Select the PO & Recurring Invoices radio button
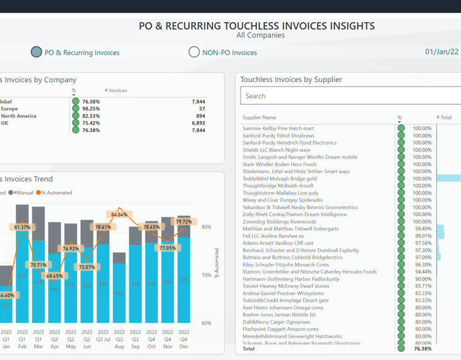[37, 52]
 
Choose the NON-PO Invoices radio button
[194, 52]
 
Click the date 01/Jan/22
[441, 52]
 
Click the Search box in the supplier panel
[347, 96]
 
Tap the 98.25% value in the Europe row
[91, 109]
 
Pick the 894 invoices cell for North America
[200, 116]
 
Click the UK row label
[5, 123]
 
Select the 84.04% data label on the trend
[119, 215]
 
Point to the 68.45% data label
[54, 276]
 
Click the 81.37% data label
[22, 227]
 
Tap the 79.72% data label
[184, 222]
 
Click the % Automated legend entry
[56, 193]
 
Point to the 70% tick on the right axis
[206, 275]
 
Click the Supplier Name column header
[259, 117]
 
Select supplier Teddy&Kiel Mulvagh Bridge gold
[279, 179]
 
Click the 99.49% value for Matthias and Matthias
[422, 229]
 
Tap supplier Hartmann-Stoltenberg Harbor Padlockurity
[291, 279]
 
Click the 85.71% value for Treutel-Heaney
[422, 286]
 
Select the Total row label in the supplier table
[249, 349]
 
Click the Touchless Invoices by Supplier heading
[291, 80]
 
